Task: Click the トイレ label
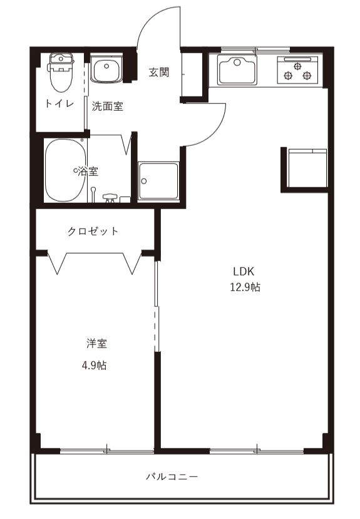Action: pyautogui.click(x=60, y=104)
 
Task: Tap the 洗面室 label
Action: pyautogui.click(x=108, y=106)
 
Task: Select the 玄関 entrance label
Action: pyautogui.click(x=159, y=73)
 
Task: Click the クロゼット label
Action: pyautogui.click(x=93, y=232)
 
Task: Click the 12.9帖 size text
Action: pyautogui.click(x=245, y=288)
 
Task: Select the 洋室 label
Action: pyautogui.click(x=96, y=344)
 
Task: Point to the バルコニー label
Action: pyautogui.click(x=172, y=477)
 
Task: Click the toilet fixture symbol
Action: pyautogui.click(x=60, y=70)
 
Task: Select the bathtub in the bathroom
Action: pyautogui.click(x=65, y=170)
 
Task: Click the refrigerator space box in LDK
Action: pyautogui.click(x=307, y=168)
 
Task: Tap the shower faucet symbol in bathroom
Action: pyautogui.click(x=110, y=197)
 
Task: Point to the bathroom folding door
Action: pyautogui.click(x=128, y=144)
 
